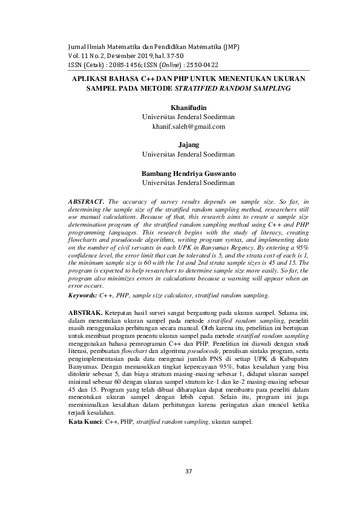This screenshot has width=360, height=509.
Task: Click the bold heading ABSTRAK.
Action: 87,311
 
